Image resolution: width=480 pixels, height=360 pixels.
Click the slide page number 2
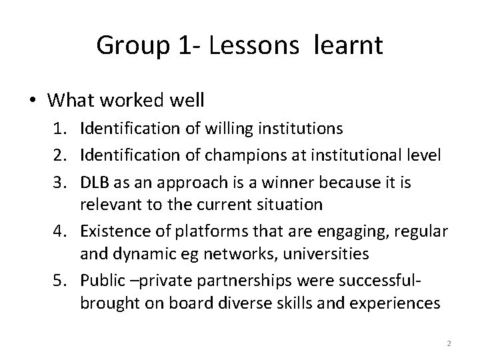coord(449,343)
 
